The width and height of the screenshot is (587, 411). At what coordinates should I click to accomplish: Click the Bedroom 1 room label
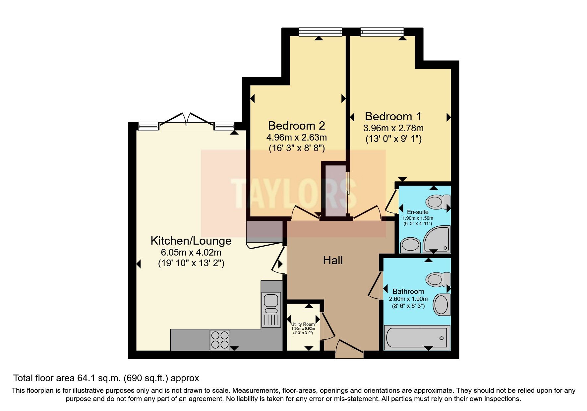click(393, 116)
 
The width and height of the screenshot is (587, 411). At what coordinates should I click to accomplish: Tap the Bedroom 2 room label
click(296, 126)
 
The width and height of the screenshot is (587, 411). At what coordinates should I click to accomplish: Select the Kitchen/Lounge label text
click(191, 241)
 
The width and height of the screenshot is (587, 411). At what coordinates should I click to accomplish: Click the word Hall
click(333, 260)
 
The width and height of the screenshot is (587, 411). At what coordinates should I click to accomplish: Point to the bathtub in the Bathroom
click(417, 338)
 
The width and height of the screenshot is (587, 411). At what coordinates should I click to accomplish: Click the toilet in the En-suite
click(437, 202)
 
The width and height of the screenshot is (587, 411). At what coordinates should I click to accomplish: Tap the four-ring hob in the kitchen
click(220, 340)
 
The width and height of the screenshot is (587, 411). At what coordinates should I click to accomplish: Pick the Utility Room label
click(303, 324)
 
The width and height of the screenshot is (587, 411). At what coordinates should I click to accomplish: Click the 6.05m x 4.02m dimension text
click(191, 252)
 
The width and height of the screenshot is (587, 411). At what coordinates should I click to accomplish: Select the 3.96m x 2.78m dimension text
click(393, 128)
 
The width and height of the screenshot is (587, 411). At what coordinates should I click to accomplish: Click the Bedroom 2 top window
click(320, 32)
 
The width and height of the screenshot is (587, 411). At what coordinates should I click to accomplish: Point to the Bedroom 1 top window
click(382, 32)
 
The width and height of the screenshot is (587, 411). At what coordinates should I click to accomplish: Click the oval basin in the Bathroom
click(441, 304)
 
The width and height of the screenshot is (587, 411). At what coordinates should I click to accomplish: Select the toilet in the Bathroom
click(437, 279)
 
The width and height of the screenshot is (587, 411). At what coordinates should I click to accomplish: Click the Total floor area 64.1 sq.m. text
click(106, 378)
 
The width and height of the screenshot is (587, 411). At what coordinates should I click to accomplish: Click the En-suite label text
click(418, 212)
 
